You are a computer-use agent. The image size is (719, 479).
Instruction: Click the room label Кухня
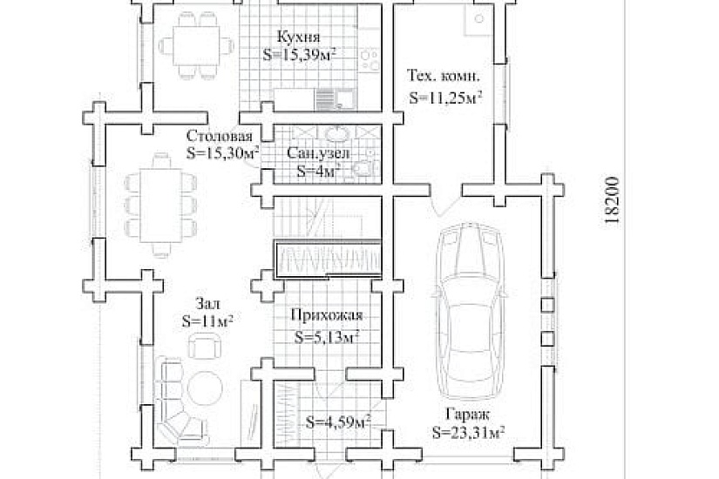pyautogui.click(x=299, y=37)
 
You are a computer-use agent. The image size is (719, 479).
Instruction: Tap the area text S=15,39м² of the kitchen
pyautogui.click(x=299, y=55)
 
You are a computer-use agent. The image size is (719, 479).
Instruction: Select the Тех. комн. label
pyautogui.click(x=444, y=76)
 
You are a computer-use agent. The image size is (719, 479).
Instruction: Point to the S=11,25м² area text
pyautogui.click(x=445, y=98)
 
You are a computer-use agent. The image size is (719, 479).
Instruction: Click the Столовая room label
pyautogui.click(x=220, y=136)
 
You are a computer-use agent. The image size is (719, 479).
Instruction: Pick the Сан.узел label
pyautogui.click(x=318, y=152)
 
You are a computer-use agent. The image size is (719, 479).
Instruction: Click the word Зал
pyautogui.click(x=207, y=303)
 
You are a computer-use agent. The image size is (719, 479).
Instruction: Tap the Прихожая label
pyautogui.click(x=327, y=315)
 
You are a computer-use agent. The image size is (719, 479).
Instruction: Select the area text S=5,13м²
pyautogui.click(x=326, y=337)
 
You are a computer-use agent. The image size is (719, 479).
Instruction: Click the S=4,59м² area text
pyautogui.click(x=338, y=422)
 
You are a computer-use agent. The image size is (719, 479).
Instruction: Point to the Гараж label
pyautogui.click(x=467, y=415)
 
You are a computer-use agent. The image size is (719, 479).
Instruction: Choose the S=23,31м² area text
pyautogui.click(x=468, y=432)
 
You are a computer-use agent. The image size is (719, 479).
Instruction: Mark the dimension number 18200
pyautogui.click(x=612, y=199)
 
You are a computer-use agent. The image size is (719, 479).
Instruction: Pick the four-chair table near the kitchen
pyautogui.click(x=197, y=46)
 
